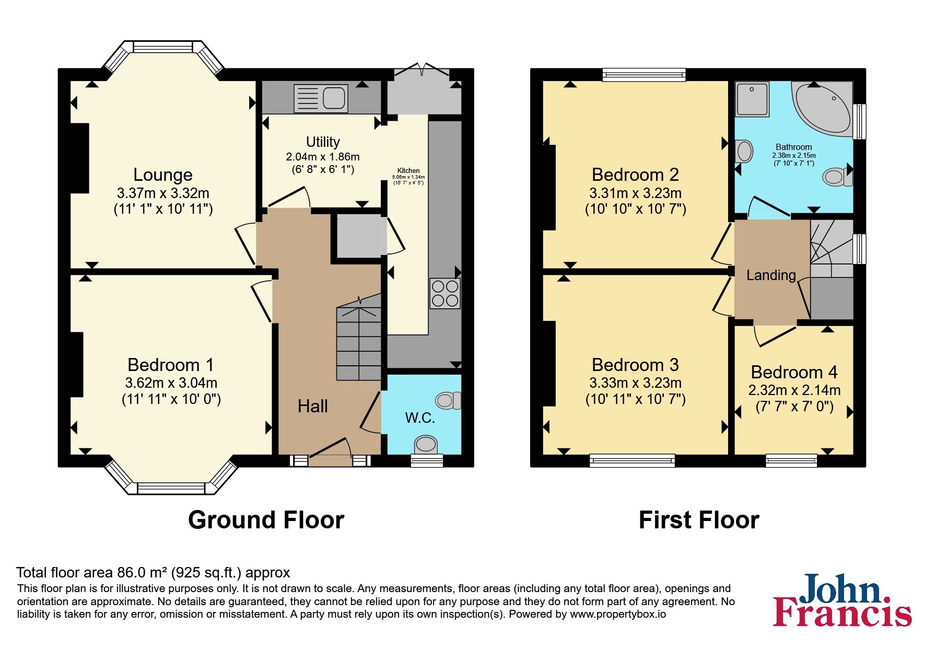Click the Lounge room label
(163, 175)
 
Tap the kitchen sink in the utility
(321, 98)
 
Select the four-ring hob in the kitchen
(445, 294)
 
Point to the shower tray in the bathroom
(752, 99)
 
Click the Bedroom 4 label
(794, 372)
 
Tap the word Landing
(771, 275)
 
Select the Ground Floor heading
(266, 520)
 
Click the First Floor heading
(699, 520)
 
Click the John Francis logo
(842, 600)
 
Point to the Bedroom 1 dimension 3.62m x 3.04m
(171, 383)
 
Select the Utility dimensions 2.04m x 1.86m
(323, 157)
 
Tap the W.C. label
(420, 418)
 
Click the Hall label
(312, 406)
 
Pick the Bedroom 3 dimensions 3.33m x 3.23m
(635, 383)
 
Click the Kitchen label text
(408, 170)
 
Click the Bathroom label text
(794, 147)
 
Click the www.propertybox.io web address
(618, 615)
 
